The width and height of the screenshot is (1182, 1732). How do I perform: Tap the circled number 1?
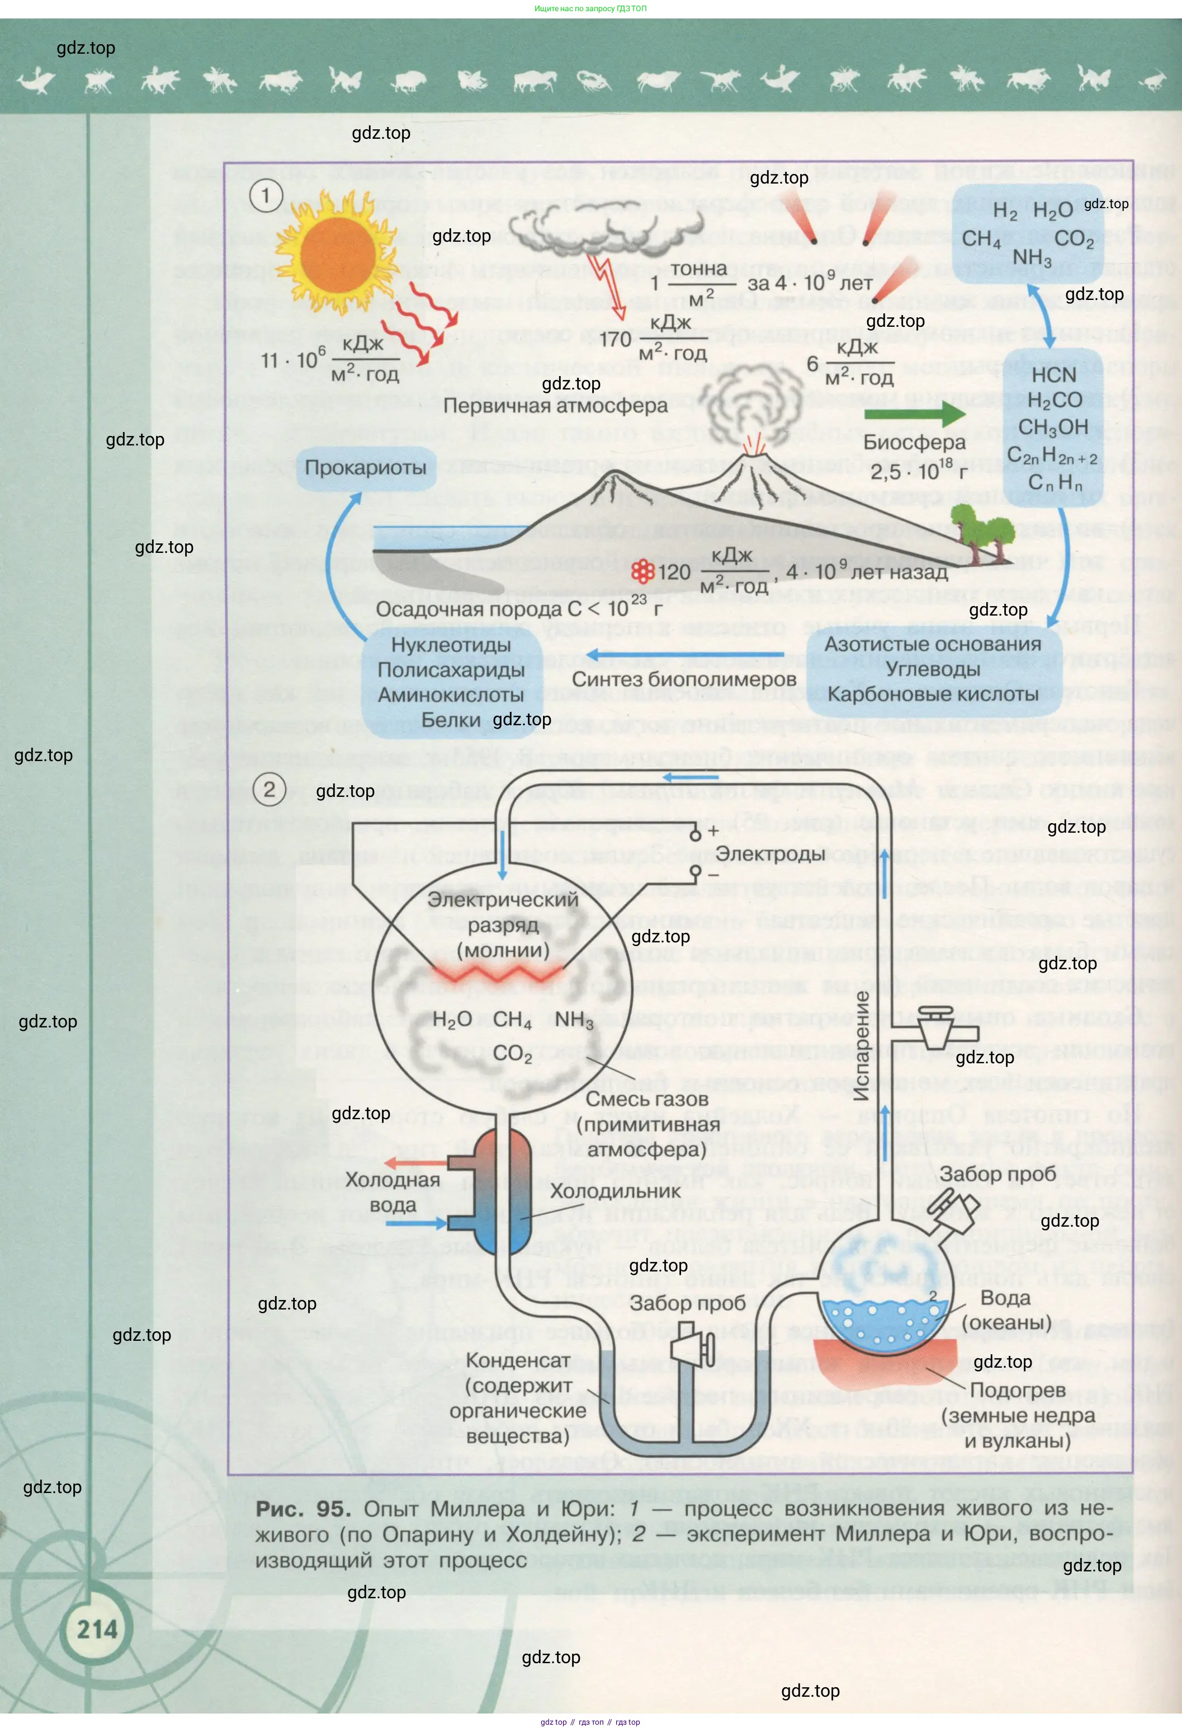pyautogui.click(x=265, y=196)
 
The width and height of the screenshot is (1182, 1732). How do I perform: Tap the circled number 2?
pyautogui.click(x=269, y=789)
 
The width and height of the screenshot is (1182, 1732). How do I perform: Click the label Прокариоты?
pyautogui.click(x=366, y=468)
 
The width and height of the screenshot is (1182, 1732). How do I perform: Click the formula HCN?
pyautogui.click(x=1053, y=375)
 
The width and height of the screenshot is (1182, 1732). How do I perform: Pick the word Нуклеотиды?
pyautogui.click(x=451, y=645)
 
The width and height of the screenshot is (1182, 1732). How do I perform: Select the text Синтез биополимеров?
pyautogui.click(x=684, y=680)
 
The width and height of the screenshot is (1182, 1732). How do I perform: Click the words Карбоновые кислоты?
pyautogui.click(x=933, y=694)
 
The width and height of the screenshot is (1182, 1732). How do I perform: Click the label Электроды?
pyautogui.click(x=770, y=854)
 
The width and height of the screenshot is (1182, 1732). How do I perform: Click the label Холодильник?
pyautogui.click(x=615, y=1191)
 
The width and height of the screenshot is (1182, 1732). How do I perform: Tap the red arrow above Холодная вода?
pyautogui.click(x=415, y=1163)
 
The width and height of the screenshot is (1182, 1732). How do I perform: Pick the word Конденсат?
pyautogui.click(x=518, y=1360)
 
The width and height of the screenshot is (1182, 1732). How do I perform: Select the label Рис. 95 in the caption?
pyautogui.click(x=302, y=1509)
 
